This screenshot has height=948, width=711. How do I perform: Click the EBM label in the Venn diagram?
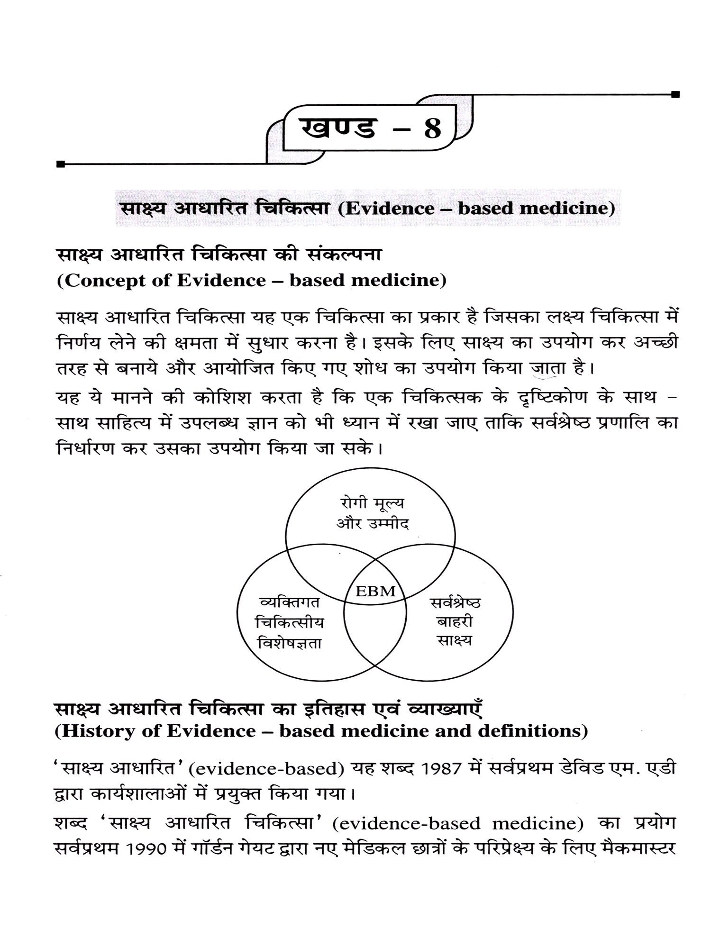click(x=375, y=591)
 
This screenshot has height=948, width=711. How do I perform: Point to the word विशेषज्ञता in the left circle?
click(x=289, y=643)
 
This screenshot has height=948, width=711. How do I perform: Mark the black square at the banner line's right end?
click(x=675, y=94)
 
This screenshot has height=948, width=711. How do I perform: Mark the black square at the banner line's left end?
click(x=60, y=164)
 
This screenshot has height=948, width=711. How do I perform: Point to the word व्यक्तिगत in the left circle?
click(x=290, y=602)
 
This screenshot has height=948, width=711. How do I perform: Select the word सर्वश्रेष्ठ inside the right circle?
click(x=455, y=603)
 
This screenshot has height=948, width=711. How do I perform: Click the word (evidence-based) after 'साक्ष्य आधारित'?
click(x=266, y=769)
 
